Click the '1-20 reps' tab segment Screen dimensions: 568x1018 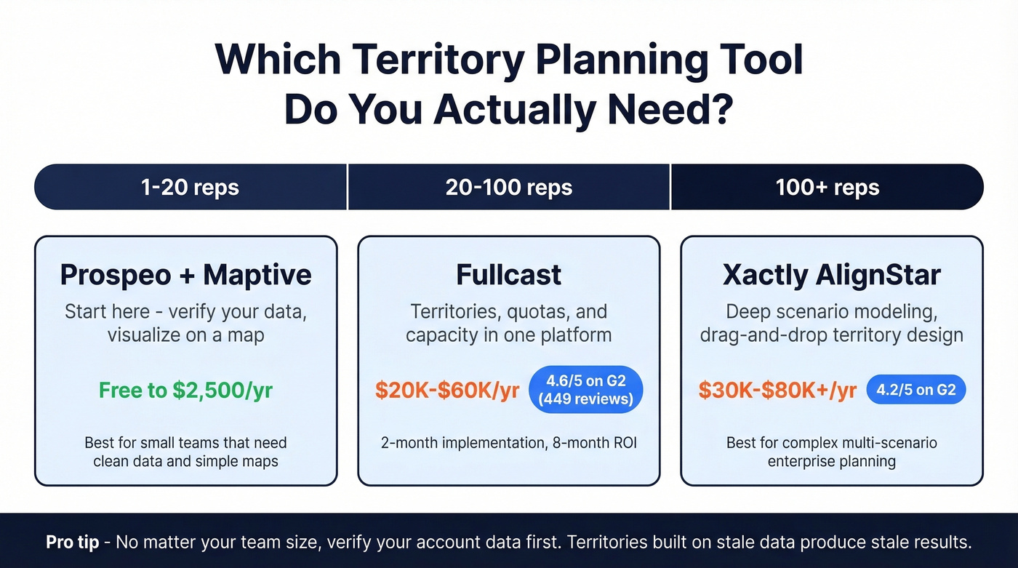pyautogui.click(x=190, y=187)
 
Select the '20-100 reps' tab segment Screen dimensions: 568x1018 pyautogui.click(x=508, y=187)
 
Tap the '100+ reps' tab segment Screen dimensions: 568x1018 pyautogui.click(x=827, y=187)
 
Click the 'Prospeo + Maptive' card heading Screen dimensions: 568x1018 pyautogui.click(x=185, y=275)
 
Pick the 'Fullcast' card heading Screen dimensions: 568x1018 pyautogui.click(x=508, y=275)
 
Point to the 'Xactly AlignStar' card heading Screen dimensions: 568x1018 pyautogui.click(x=831, y=275)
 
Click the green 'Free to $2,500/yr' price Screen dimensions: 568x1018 pyautogui.click(x=185, y=391)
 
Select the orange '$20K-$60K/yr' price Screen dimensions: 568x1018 pyautogui.click(x=447, y=391)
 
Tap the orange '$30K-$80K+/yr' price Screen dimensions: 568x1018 pyautogui.click(x=777, y=391)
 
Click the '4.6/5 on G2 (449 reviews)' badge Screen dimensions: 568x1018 pyautogui.click(x=585, y=391)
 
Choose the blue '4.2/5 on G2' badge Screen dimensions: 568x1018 pyautogui.click(x=915, y=391)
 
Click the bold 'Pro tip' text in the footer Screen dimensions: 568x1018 pyautogui.click(x=72, y=543)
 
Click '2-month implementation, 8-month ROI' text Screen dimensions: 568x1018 pyautogui.click(x=508, y=442)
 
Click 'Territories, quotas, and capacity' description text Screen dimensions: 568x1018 pyautogui.click(x=508, y=323)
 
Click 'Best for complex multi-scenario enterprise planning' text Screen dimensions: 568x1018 pyautogui.click(x=831, y=451)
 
